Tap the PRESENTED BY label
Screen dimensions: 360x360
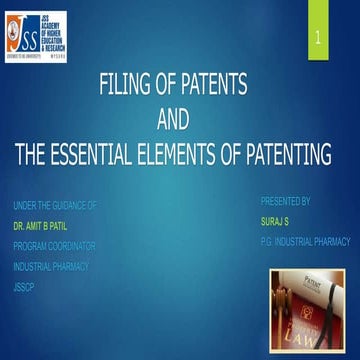pos(285,200)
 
